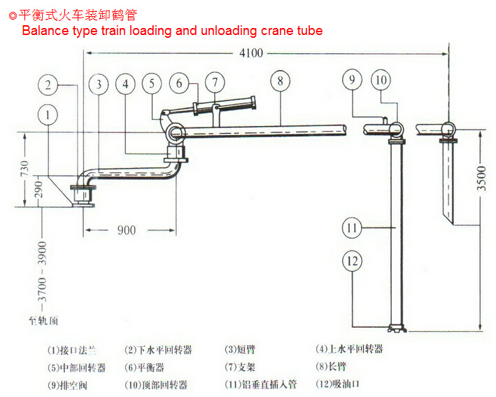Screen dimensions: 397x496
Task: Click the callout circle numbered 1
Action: click(48, 114)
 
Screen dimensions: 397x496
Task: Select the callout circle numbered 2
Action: click(48, 85)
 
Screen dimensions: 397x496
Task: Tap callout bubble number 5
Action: click(152, 84)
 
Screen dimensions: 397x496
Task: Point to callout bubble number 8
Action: click(280, 81)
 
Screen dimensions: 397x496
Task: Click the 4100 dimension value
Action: click(251, 53)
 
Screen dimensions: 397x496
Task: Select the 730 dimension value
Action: click(24, 168)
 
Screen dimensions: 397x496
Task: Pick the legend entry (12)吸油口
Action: click(338, 384)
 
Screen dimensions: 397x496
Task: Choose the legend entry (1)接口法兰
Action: click(71, 349)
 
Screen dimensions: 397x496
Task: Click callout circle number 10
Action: click(381, 80)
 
